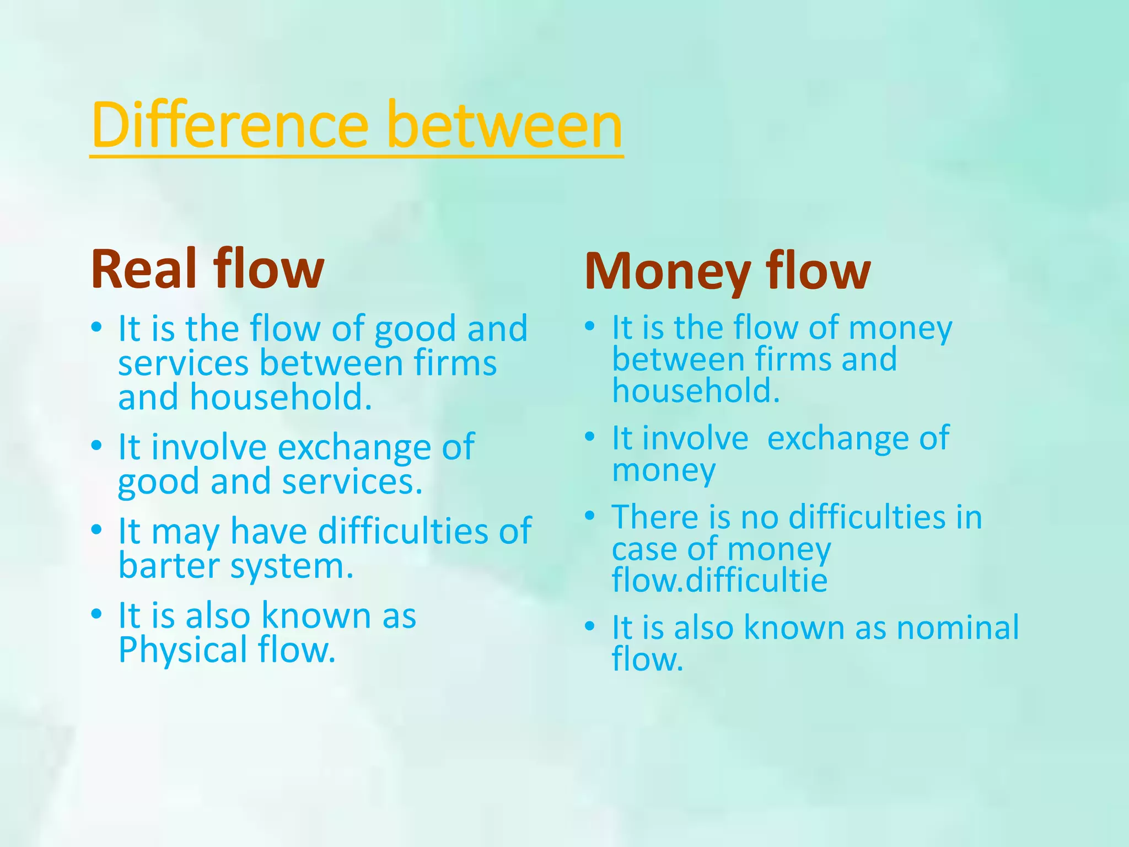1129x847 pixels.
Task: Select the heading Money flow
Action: tap(727, 271)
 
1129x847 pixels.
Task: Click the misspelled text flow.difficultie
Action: tap(719, 580)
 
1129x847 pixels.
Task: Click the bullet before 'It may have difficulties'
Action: tap(97, 530)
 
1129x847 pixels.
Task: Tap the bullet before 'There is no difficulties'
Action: tap(590, 516)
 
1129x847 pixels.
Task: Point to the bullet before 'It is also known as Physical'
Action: tap(97, 614)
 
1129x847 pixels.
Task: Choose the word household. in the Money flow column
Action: tap(696, 391)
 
